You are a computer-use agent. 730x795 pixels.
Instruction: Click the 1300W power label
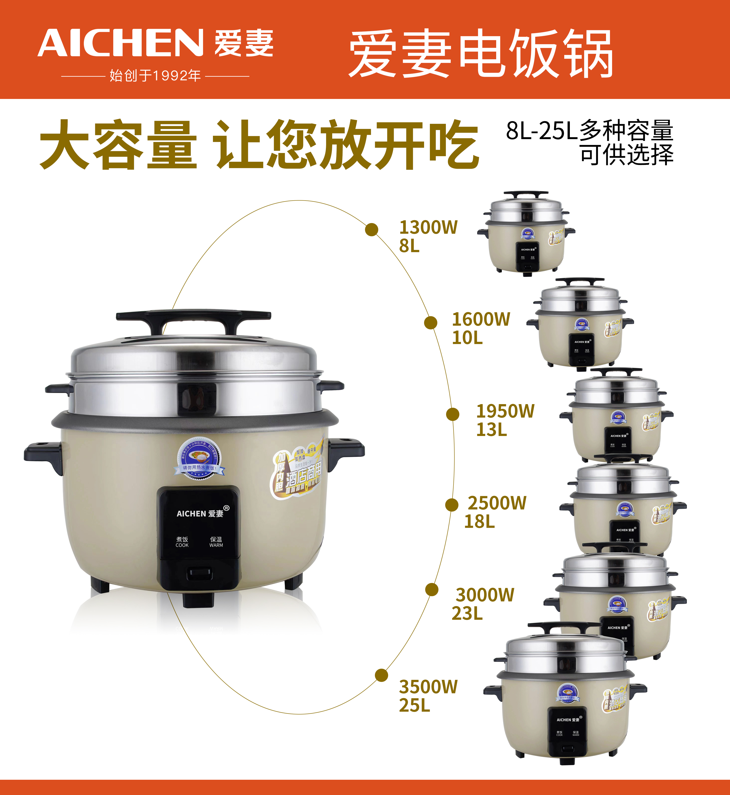(428, 227)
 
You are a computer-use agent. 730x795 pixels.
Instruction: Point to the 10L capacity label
(467, 338)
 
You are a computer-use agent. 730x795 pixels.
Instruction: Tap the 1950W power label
(505, 411)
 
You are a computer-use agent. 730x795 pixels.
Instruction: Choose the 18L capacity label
(479, 521)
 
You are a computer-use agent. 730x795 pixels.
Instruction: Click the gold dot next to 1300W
(371, 229)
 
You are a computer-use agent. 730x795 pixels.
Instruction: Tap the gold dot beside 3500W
(381, 675)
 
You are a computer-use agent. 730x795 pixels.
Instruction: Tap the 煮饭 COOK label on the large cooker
(182, 542)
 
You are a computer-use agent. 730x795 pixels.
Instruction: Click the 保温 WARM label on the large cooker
(216, 542)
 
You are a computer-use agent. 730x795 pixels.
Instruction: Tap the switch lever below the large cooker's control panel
(199, 573)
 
